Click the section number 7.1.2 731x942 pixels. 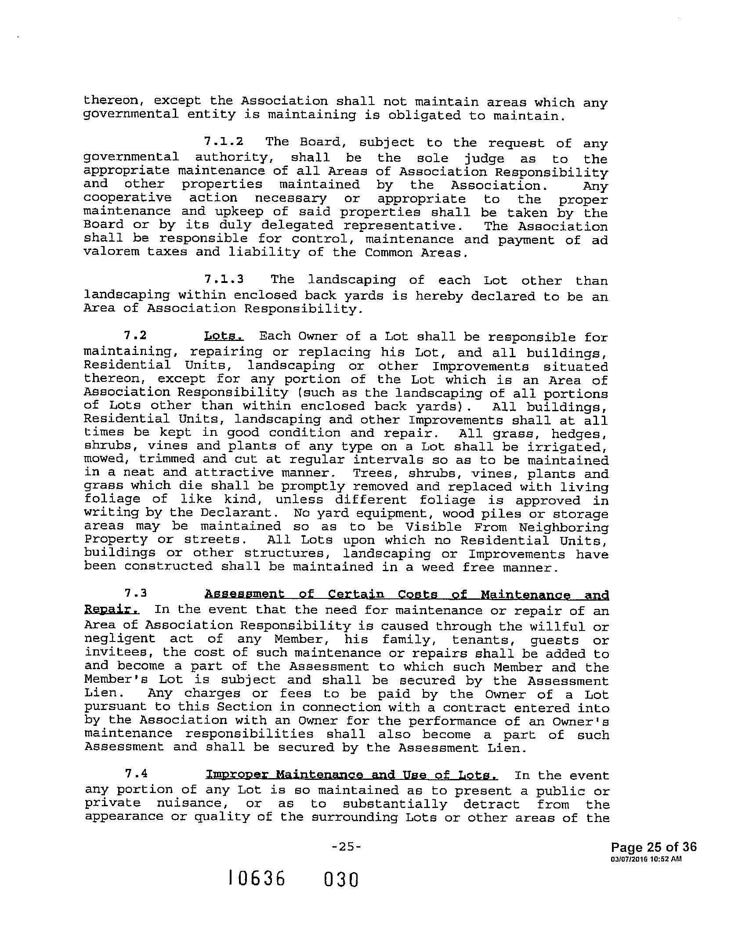click(x=224, y=142)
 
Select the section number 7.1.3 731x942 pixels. click(x=224, y=279)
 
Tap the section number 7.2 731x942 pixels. click(x=135, y=336)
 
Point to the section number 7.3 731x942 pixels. click(x=135, y=594)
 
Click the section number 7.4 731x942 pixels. click(x=135, y=775)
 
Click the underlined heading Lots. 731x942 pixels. click(x=224, y=337)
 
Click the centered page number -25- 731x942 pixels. click(x=347, y=847)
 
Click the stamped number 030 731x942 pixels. click(x=341, y=880)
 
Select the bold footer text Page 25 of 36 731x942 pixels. click(x=654, y=847)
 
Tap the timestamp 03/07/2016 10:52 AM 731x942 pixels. click(x=646, y=859)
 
